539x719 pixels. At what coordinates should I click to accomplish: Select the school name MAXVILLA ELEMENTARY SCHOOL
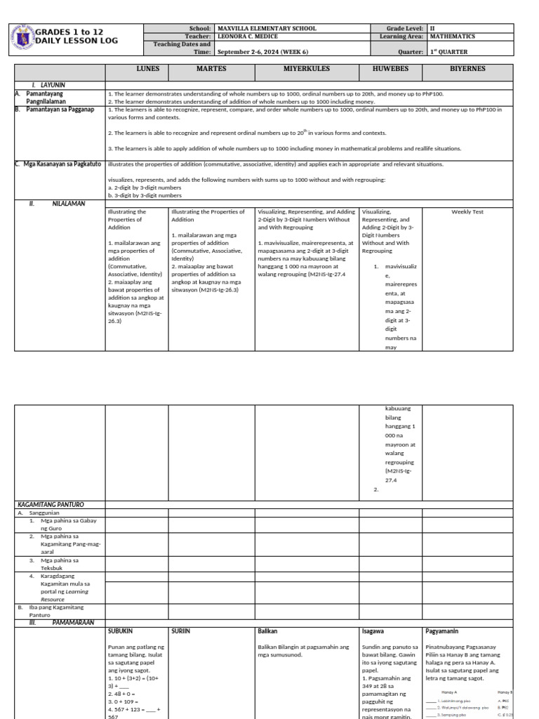pyautogui.click(x=267, y=29)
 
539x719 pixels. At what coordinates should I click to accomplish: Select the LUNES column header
pyautogui.click(x=148, y=70)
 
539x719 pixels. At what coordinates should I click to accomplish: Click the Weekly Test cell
pyautogui.click(x=467, y=211)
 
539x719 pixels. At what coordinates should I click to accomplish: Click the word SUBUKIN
pyautogui.click(x=121, y=612)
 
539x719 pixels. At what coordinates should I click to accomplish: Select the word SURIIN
pyautogui.click(x=180, y=612)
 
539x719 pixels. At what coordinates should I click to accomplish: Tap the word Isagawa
pyautogui.click(x=373, y=612)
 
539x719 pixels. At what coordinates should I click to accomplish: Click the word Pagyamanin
pyautogui.click(x=445, y=612)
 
